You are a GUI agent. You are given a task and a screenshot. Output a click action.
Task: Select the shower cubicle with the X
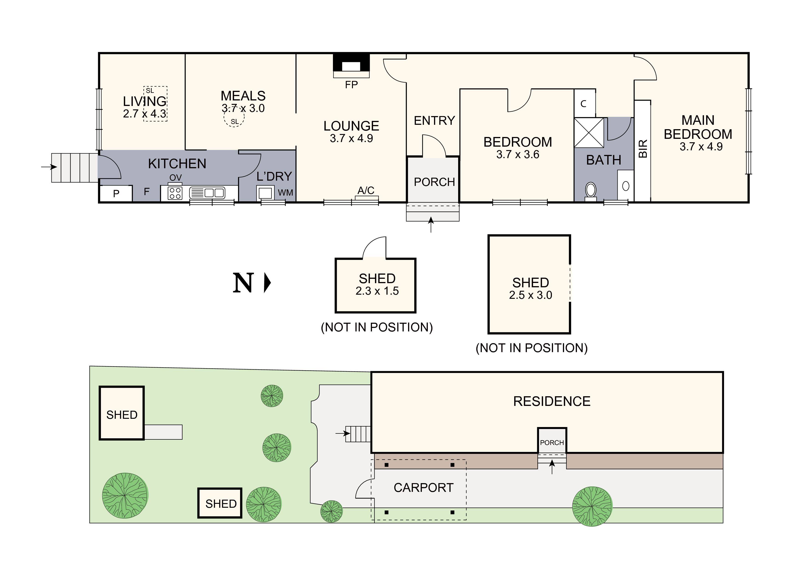point(589,133)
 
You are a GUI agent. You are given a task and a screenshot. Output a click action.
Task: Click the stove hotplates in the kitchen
point(175,193)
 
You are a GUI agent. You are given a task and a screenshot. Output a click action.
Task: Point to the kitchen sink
point(207,193)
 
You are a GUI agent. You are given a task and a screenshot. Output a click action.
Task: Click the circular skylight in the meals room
point(234,120)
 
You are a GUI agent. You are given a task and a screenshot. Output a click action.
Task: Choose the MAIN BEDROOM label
point(698,127)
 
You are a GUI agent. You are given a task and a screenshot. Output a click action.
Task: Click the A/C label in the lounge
point(366,190)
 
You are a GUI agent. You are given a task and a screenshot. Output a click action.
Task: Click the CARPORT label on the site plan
point(423,487)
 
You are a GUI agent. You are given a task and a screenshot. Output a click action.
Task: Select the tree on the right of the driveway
point(592,506)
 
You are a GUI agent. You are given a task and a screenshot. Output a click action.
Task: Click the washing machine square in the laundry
point(265,193)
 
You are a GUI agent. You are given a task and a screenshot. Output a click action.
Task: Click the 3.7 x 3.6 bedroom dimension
point(517,154)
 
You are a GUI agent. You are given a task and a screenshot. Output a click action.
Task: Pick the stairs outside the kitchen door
point(74,168)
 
